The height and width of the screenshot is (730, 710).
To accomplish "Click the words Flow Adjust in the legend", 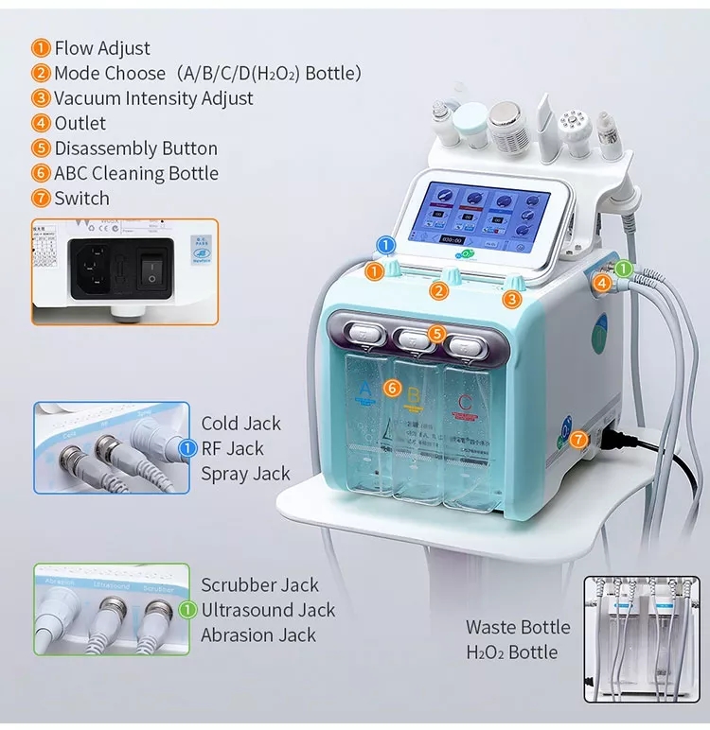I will (x=102, y=48).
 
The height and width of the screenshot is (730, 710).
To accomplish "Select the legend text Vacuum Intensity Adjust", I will (x=153, y=98).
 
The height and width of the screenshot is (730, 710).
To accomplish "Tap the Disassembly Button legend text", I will (x=135, y=148).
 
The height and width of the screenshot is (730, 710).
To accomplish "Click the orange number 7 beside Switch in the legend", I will (x=41, y=199).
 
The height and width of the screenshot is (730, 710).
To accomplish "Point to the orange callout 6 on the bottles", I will (x=392, y=388).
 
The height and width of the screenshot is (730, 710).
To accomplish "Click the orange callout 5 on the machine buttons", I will (x=435, y=333).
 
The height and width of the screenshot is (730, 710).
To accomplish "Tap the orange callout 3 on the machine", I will (x=511, y=299).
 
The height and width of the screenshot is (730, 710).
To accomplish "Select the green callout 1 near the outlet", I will (x=623, y=269).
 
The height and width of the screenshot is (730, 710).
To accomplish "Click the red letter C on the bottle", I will (x=464, y=405).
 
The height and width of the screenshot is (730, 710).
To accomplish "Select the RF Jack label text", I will (x=232, y=449).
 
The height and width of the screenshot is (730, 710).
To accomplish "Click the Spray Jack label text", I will (x=245, y=474).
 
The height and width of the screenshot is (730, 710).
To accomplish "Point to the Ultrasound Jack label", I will (x=268, y=611).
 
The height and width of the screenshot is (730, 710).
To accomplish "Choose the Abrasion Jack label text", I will (x=258, y=635).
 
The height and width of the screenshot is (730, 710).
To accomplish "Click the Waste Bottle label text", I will (x=518, y=627).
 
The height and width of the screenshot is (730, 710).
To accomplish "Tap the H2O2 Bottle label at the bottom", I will (x=511, y=652).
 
